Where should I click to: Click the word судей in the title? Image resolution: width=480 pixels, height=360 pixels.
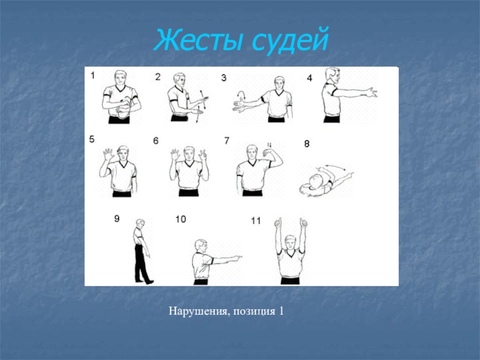(290, 41)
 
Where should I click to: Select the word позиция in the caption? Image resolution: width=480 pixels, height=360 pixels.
(254, 311)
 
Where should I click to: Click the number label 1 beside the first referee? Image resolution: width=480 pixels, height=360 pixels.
(93, 75)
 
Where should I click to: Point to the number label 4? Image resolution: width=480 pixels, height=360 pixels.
(310, 78)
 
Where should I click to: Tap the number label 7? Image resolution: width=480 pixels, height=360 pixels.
(227, 140)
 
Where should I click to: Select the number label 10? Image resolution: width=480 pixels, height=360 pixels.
(181, 219)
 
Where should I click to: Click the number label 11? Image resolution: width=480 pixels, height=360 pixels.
(256, 221)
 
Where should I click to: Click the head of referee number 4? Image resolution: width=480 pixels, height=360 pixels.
(332, 75)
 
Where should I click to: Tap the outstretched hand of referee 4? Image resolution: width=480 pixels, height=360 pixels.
(371, 92)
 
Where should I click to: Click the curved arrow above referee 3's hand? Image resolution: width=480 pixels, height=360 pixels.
(242, 94)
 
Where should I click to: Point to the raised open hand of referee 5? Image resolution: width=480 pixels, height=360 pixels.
(109, 153)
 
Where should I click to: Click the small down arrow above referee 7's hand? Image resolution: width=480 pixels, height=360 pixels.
(269, 145)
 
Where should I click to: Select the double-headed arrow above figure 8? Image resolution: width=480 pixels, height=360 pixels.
(335, 167)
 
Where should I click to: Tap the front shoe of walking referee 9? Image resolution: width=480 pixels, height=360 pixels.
(149, 282)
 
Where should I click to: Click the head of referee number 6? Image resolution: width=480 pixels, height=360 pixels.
(189, 153)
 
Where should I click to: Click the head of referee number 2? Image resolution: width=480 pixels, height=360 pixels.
(179, 80)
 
